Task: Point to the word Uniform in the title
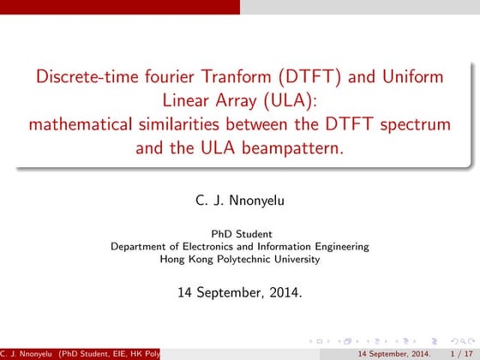[414, 75]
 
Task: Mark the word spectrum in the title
[416, 123]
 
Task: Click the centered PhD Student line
[241, 233]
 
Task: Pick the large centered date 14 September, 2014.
[240, 291]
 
